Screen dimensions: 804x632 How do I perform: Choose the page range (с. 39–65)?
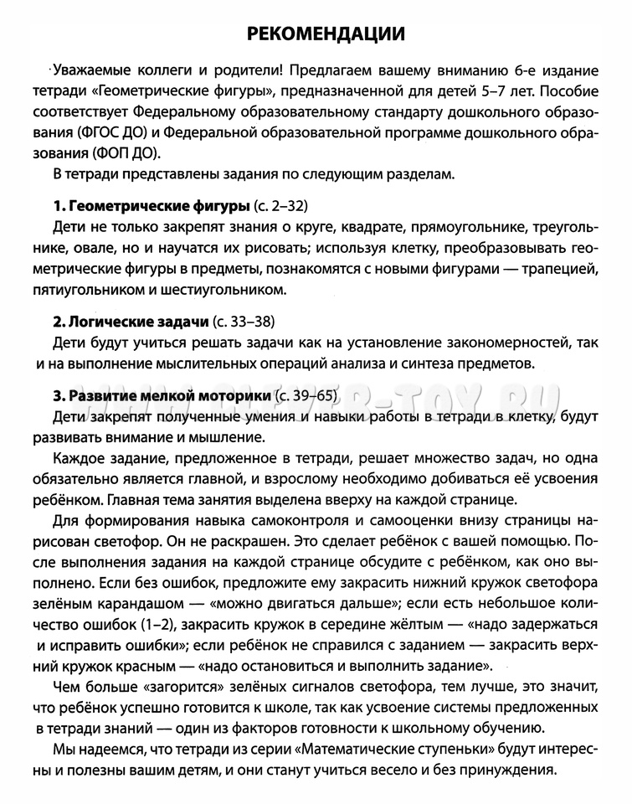pos(311,394)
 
